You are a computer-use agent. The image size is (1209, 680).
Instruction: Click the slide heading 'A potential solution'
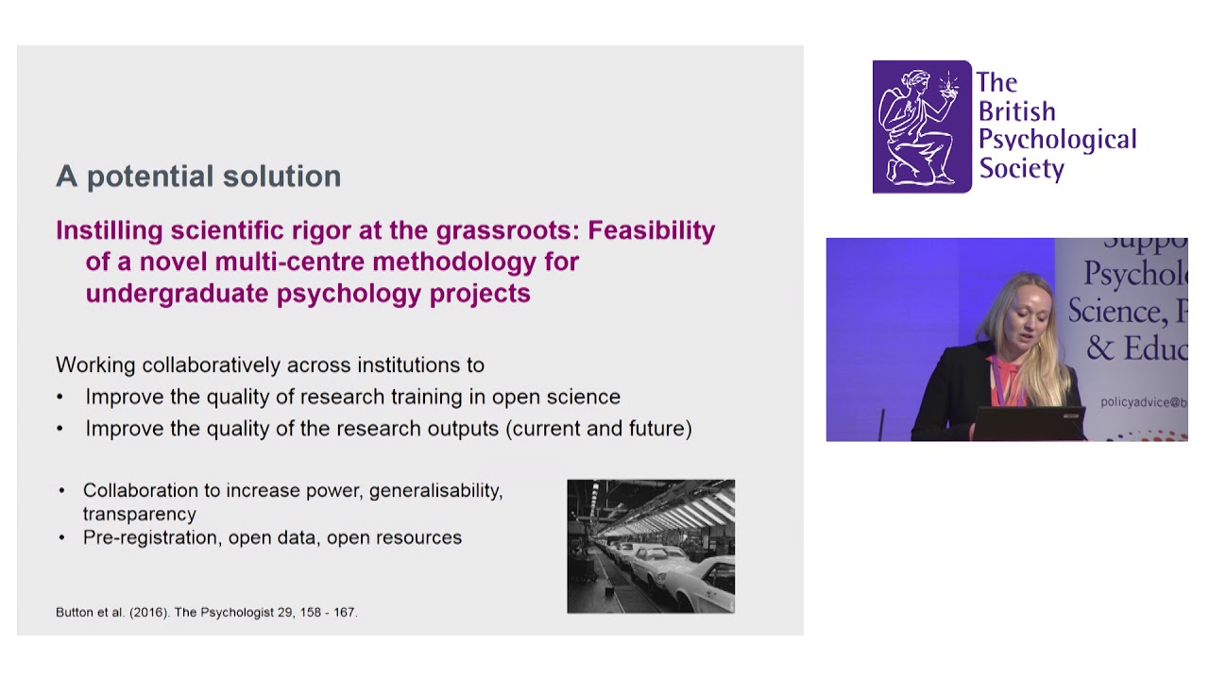click(197, 177)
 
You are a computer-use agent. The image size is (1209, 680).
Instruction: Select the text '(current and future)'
click(599, 429)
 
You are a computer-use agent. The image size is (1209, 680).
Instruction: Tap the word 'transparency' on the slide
click(139, 514)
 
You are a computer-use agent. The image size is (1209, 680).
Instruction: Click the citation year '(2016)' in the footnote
click(145, 612)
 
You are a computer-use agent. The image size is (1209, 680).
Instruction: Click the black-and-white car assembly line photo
click(650, 546)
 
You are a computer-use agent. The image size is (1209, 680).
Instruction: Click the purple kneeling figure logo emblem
click(921, 127)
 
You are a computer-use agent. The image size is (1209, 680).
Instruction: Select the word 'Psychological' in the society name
click(1057, 140)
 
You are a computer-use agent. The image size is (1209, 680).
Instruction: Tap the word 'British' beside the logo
click(1016, 111)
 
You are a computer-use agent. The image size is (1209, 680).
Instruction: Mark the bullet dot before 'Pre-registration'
click(62, 537)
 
